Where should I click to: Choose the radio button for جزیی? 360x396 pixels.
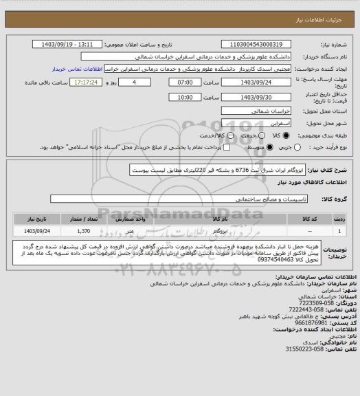click(288, 147)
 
